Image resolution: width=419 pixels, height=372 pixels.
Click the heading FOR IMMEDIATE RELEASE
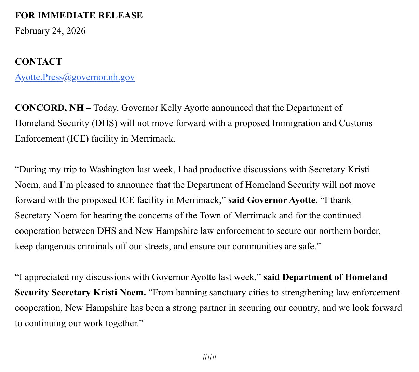pos(79,15)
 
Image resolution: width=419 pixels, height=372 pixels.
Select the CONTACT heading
pos(38,62)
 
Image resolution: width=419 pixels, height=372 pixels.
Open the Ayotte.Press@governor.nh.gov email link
pos(75,77)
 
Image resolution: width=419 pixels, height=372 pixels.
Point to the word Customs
pos(355,123)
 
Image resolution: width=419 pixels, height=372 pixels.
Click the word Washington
pos(112,169)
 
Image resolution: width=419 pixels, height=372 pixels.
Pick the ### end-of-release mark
pos(209,357)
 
